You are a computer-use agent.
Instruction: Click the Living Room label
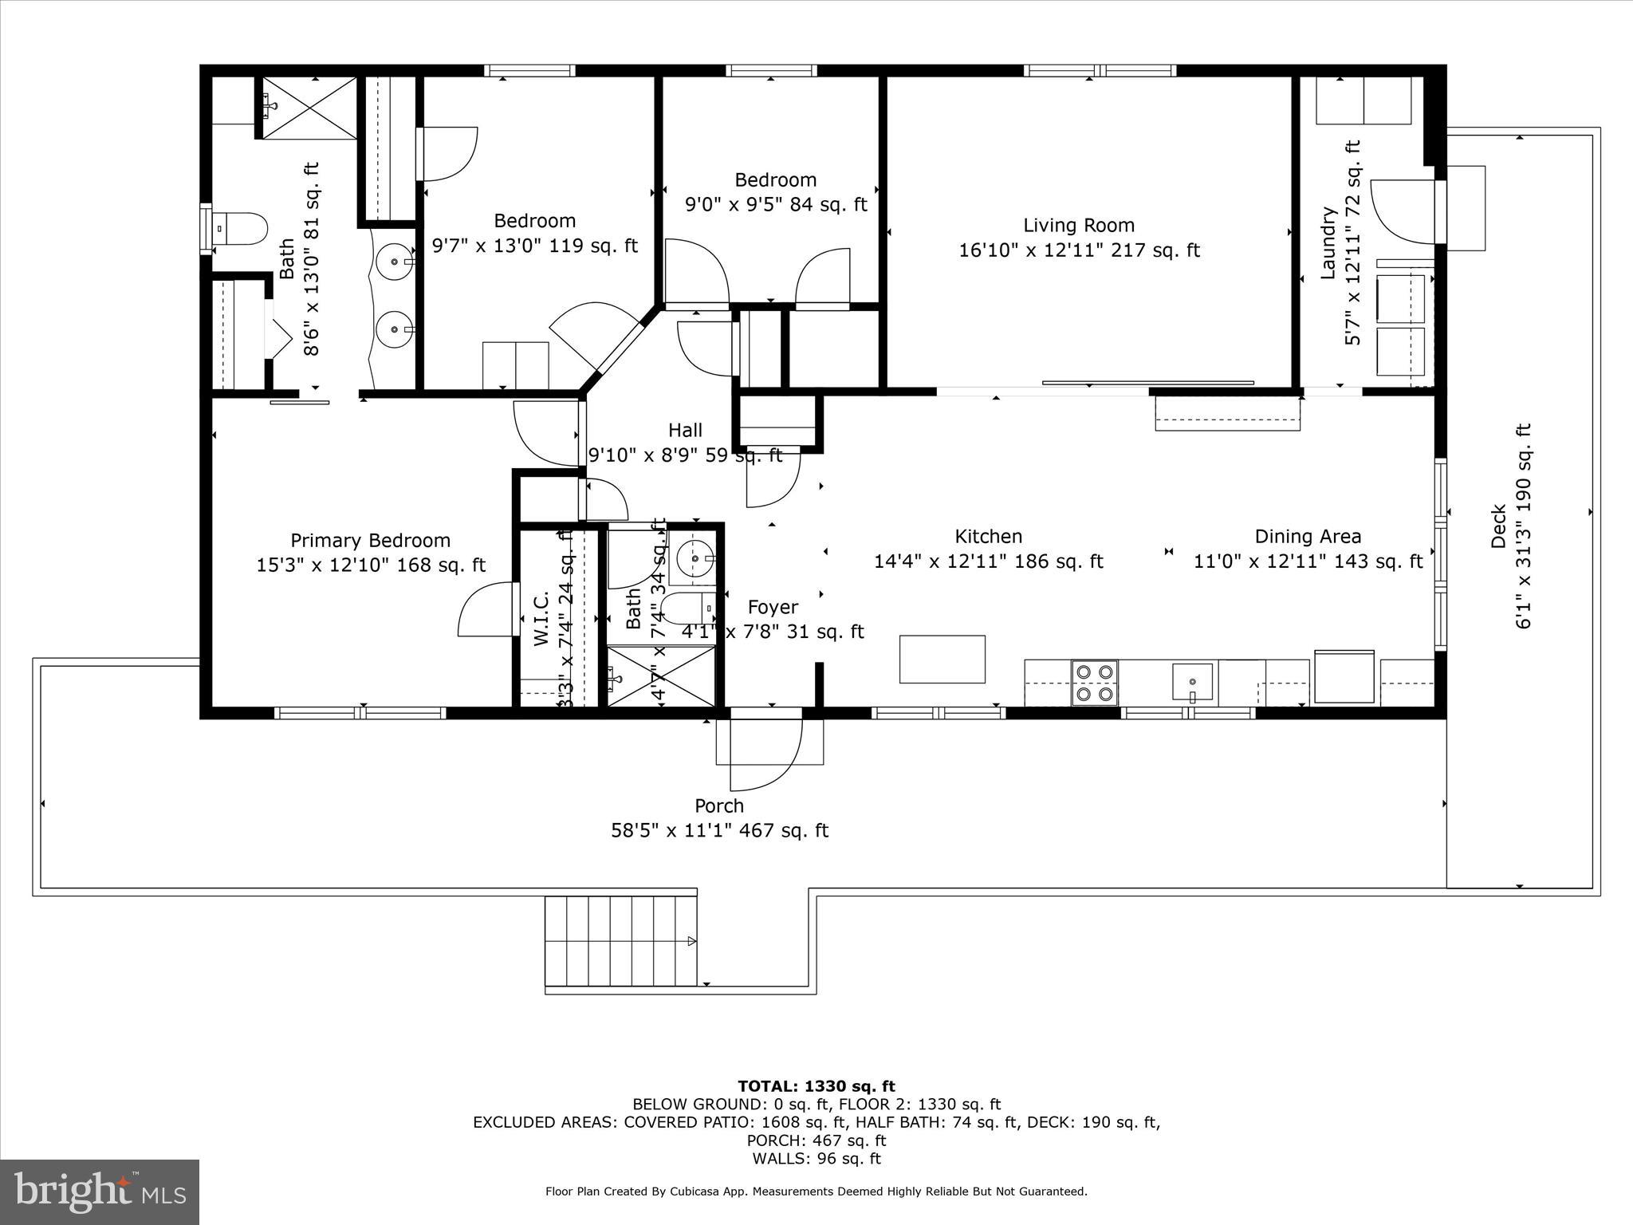click(1078, 226)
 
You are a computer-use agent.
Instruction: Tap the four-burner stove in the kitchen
click(1094, 683)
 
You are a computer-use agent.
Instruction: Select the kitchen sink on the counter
click(1192, 681)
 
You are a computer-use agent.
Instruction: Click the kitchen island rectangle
click(942, 659)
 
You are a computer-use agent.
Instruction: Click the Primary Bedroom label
click(370, 540)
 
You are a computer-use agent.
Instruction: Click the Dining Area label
click(1308, 537)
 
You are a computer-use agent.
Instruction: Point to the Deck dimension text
click(1523, 526)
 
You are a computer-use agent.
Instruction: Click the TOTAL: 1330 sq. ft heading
click(816, 1086)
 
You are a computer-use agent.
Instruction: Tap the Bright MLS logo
click(99, 1192)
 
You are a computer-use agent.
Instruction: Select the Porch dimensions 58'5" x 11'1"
click(719, 831)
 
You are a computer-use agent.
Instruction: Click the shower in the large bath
click(307, 108)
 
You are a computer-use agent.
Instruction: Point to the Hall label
click(685, 431)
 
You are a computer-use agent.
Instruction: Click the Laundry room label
click(1328, 243)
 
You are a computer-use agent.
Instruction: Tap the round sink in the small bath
click(695, 558)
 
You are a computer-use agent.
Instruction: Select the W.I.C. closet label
click(541, 618)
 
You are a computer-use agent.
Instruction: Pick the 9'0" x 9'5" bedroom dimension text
click(775, 205)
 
